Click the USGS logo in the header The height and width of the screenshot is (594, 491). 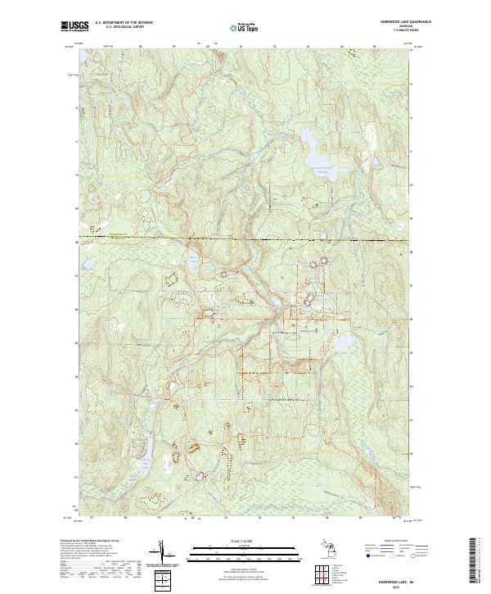74,25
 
